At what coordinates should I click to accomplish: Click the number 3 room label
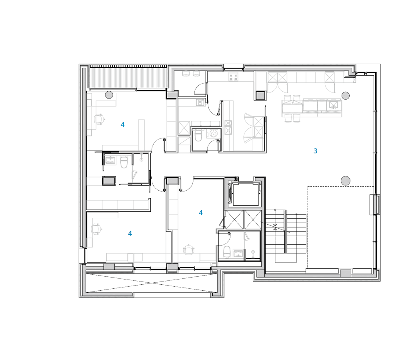[315, 151]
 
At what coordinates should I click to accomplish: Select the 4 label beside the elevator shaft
[201, 213]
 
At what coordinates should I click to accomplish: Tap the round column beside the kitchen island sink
[346, 95]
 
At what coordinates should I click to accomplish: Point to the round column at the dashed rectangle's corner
[346, 181]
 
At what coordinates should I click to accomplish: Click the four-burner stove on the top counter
[233, 77]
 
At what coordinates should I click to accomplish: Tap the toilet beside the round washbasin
[198, 135]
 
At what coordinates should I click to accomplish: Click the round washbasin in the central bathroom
[213, 133]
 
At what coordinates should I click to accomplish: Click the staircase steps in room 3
[286, 232]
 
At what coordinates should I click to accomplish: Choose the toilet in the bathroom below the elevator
[227, 252]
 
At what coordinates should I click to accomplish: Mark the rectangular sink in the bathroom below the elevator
[238, 253]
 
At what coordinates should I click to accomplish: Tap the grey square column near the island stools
[261, 96]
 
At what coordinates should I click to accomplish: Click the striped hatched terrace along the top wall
[128, 76]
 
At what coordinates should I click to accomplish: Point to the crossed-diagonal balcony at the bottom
[151, 283]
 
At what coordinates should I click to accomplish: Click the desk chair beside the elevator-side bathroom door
[188, 249]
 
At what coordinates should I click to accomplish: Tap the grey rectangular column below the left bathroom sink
[109, 181]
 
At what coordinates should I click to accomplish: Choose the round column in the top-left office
[109, 95]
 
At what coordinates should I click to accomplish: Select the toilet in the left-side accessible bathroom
[124, 162]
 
